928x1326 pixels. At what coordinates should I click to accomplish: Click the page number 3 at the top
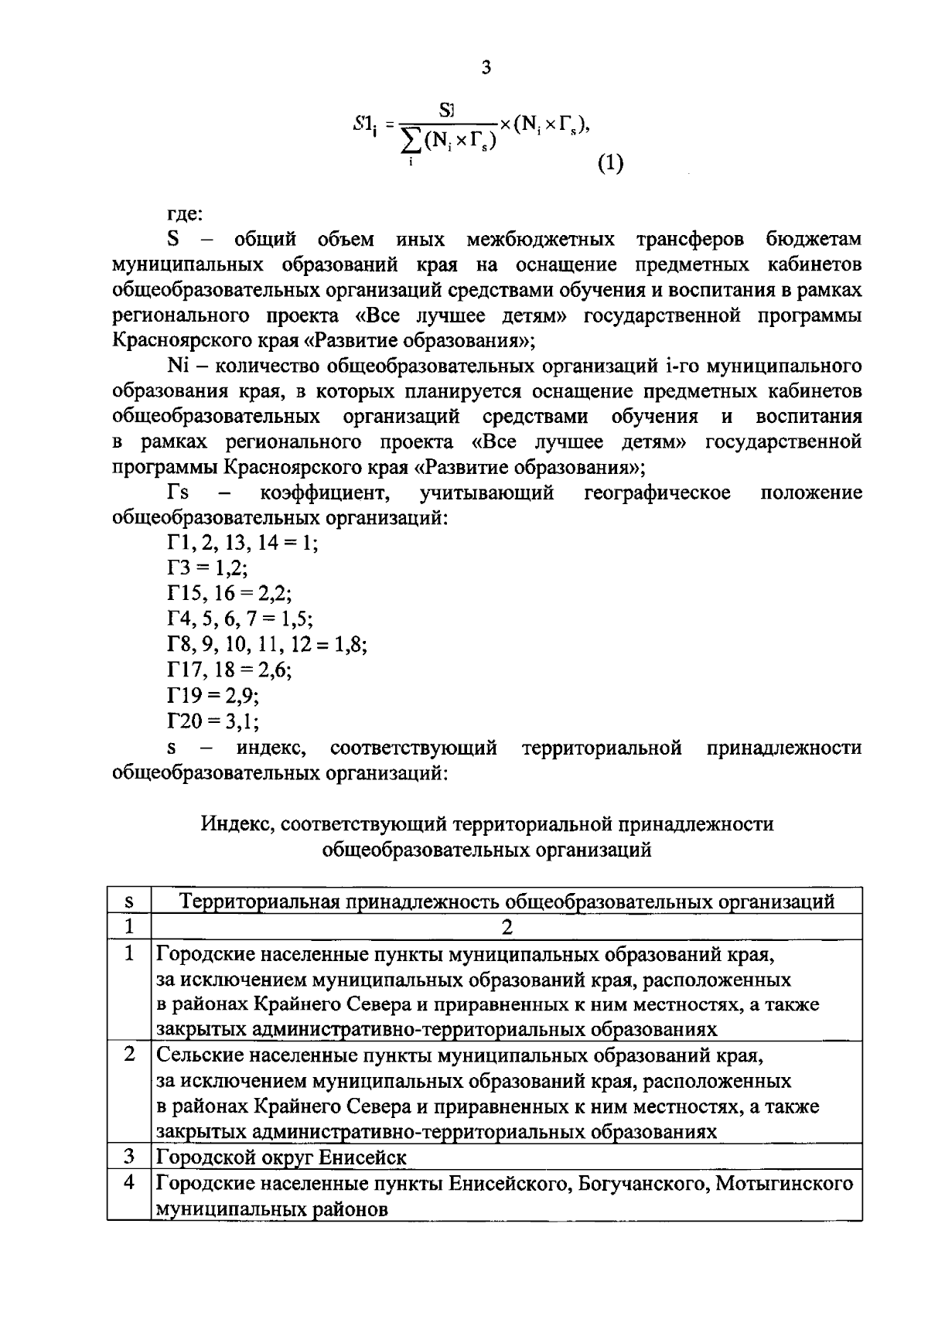pos(485,68)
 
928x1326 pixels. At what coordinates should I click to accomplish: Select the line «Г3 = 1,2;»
pos(207,568)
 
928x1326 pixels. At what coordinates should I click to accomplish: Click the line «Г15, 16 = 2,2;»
pos(230,594)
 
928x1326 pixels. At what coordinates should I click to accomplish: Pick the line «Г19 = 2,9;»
pos(213,695)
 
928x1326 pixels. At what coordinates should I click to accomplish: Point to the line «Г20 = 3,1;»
pos(213,721)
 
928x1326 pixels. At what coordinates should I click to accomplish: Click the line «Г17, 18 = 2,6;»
pos(230,670)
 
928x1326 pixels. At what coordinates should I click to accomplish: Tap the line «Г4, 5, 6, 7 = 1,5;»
pos(241,619)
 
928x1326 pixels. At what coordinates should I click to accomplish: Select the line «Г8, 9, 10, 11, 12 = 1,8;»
pos(267,645)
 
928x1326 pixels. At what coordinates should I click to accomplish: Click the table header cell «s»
pos(129,901)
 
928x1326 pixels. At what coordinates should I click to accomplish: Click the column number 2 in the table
pos(507,926)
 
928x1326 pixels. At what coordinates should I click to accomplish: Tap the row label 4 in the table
pos(129,1182)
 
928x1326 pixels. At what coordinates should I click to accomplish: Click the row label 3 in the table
pos(129,1157)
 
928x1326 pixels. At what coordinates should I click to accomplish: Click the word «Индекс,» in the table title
pos(239,824)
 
